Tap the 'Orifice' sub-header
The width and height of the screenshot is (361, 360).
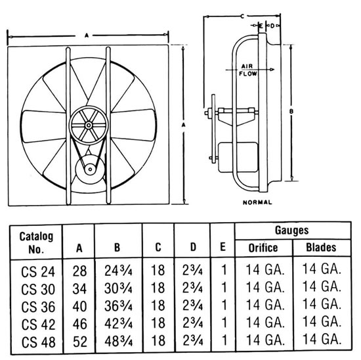[x=262, y=248]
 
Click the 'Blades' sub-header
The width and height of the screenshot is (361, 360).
[x=321, y=248]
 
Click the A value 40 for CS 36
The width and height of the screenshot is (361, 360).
[x=79, y=305]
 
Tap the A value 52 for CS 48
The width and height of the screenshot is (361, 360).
[x=79, y=341]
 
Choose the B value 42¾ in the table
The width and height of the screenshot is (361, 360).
[x=118, y=323]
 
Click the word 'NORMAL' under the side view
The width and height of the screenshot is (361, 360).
[x=257, y=202]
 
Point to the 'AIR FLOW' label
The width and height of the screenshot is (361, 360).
[x=247, y=70]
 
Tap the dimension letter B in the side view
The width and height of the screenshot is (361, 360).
[x=291, y=112]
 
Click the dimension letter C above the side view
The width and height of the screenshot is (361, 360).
[x=244, y=14]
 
